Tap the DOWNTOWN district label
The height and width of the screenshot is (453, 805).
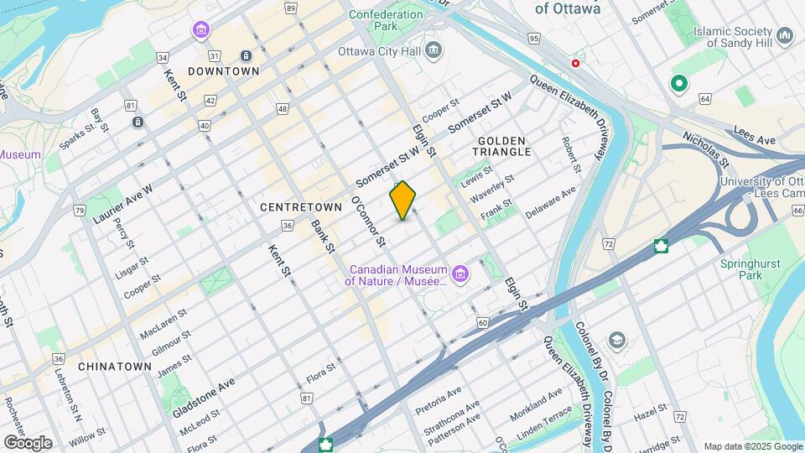223,71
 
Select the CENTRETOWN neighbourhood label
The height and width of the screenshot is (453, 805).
301,206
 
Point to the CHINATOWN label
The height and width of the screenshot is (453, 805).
115,367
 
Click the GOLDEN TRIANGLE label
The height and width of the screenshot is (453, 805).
501,146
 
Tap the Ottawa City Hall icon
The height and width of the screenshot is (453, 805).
434,50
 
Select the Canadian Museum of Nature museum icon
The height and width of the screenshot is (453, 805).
460,274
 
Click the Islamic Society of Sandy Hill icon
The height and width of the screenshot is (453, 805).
785,36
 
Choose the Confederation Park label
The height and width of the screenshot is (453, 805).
386,20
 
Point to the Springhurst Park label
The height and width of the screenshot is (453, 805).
746,268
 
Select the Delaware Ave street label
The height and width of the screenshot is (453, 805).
551,203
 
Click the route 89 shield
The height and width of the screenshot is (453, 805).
290,8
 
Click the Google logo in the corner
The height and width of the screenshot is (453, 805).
27,442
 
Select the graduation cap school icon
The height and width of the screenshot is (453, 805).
617,340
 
